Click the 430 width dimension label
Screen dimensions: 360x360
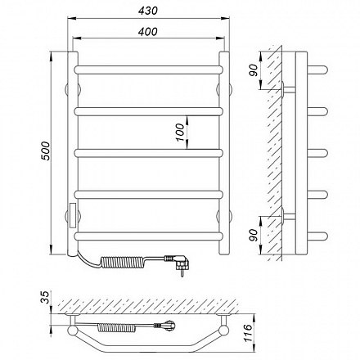[x=148, y=11]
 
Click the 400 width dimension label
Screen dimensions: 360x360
[x=148, y=32]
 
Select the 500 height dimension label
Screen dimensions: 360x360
[x=46, y=151]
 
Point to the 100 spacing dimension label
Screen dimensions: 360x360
[x=180, y=132]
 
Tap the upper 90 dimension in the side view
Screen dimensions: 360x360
[x=253, y=70]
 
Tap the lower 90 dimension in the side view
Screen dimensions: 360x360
[x=253, y=236]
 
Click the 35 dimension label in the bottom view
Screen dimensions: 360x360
[x=46, y=298]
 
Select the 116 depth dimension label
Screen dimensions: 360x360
[x=249, y=334]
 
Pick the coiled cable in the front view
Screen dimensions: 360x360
[x=123, y=263]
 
